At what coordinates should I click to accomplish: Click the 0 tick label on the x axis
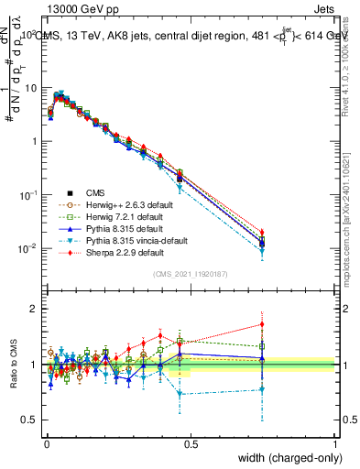point(45,444)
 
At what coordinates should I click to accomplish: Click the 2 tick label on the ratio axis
point(35,309)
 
